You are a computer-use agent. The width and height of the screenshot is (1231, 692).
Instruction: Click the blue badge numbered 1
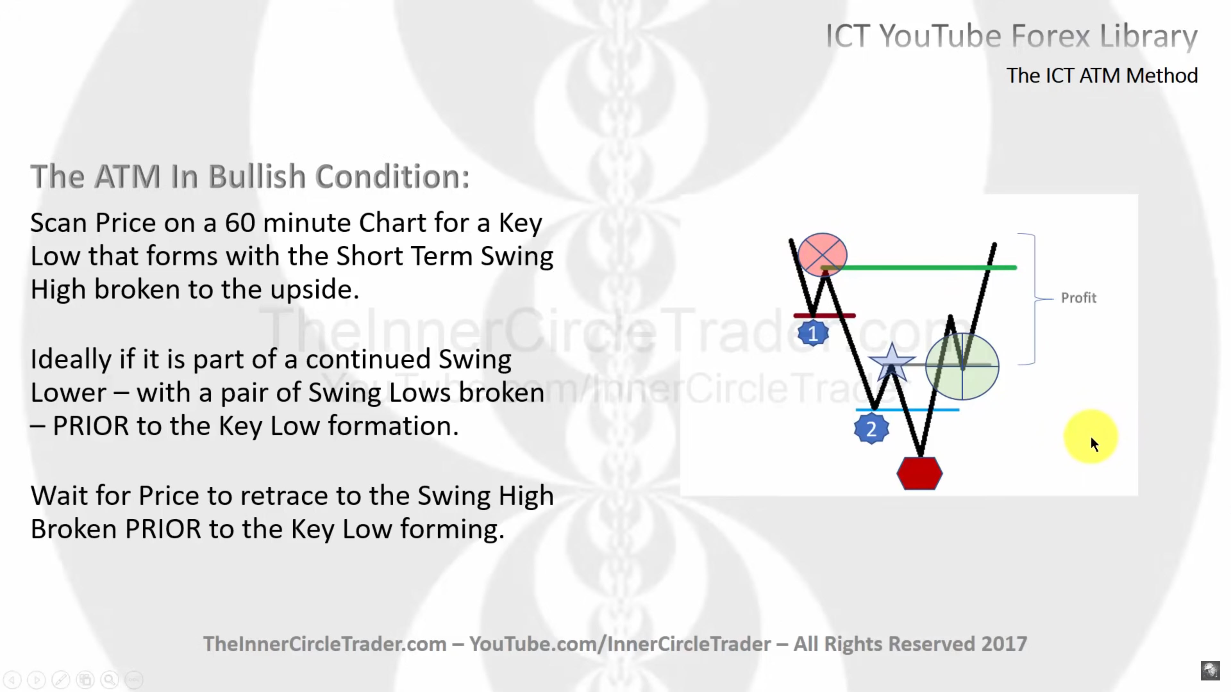coord(813,333)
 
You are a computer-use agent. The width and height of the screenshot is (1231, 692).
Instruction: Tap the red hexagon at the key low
coord(919,473)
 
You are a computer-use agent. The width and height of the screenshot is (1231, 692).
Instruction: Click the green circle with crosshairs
coord(962,366)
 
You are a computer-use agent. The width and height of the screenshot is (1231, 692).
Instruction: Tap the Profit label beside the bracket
coord(1078,298)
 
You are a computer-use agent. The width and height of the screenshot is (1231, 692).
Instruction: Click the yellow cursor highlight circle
coord(1091,436)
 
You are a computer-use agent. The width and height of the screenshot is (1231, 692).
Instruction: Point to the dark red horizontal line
coord(824,316)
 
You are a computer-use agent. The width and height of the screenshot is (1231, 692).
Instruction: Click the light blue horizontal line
coord(907,410)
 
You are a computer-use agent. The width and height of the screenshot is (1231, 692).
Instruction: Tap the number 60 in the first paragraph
coord(240,223)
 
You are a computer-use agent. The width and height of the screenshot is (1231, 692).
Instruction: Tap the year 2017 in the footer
coord(1004,644)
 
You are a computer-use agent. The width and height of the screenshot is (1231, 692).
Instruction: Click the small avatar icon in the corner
coord(1210,670)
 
